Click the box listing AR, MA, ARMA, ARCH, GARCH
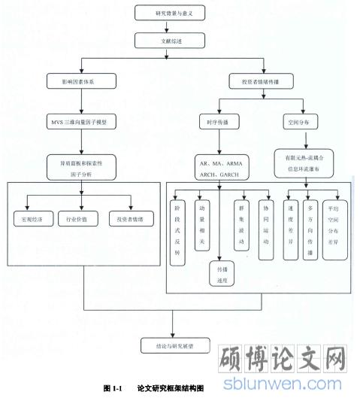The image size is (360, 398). tap(218, 166)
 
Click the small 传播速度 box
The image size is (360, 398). tap(219, 272)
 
